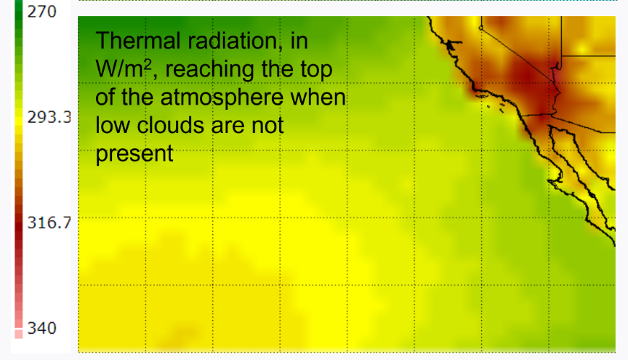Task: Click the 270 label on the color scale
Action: (42, 12)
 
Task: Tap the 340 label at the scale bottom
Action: (42, 328)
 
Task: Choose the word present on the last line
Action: (134, 154)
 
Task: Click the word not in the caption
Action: (267, 126)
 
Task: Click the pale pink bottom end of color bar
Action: (19, 333)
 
